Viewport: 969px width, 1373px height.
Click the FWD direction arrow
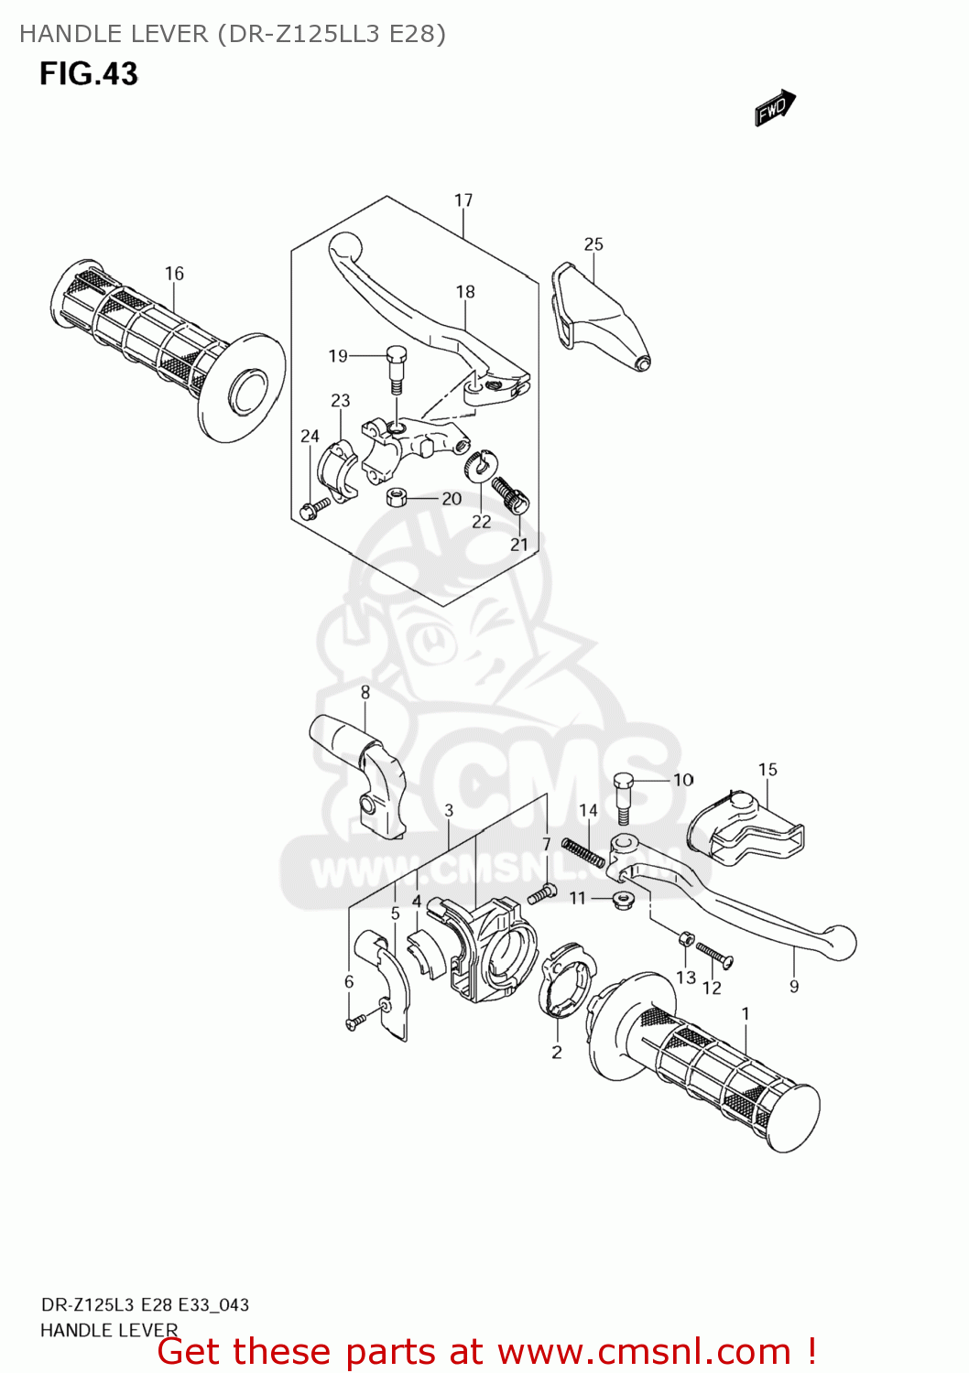[x=775, y=108]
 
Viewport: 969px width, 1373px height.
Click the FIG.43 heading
[x=89, y=74]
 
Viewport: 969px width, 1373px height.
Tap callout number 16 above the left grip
[x=174, y=273]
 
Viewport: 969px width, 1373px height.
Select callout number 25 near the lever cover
[x=593, y=243]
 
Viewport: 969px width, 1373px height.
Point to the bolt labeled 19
[x=396, y=367]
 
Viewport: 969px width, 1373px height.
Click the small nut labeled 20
[x=397, y=497]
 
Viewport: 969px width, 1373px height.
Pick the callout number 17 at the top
[x=463, y=200]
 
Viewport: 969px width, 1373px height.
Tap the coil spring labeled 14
[x=582, y=852]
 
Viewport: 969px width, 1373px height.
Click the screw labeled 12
[x=713, y=954]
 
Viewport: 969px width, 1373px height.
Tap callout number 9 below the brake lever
[x=794, y=986]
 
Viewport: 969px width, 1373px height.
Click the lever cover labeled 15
[x=744, y=826]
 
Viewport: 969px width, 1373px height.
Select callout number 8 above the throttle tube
[x=365, y=692]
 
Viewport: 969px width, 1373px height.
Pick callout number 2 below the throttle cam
[x=557, y=1053]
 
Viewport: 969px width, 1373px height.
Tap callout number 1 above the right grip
[x=746, y=1013]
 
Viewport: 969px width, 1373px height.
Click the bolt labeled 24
[x=313, y=506]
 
